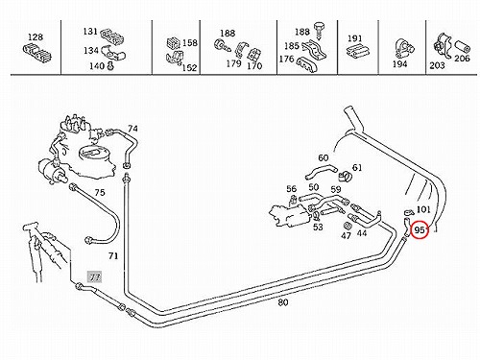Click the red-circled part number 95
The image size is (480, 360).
pyautogui.click(x=420, y=230)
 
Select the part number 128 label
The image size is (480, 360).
pyautogui.click(x=36, y=37)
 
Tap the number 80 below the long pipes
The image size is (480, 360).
pyautogui.click(x=283, y=302)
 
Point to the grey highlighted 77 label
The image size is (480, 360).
pyautogui.click(x=95, y=276)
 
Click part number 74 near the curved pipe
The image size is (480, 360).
pyautogui.click(x=132, y=129)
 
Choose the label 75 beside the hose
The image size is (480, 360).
pyautogui.click(x=100, y=193)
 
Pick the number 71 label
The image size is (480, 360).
pyautogui.click(x=113, y=256)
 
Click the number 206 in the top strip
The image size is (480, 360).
pyautogui.click(x=462, y=59)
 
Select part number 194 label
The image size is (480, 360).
pyautogui.click(x=399, y=64)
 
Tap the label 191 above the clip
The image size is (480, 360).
pyautogui.click(x=354, y=38)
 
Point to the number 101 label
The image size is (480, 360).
pyautogui.click(x=423, y=209)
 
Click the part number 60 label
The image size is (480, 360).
pyautogui.click(x=324, y=157)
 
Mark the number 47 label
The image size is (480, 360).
pyautogui.click(x=346, y=235)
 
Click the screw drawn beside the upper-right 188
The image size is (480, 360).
pyautogui.click(x=319, y=30)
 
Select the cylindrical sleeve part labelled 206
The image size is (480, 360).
pyautogui.click(x=463, y=47)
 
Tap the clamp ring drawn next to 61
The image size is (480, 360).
pyautogui.click(x=345, y=175)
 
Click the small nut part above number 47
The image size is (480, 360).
pyautogui.click(x=348, y=226)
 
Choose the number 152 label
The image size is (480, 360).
pyautogui.click(x=189, y=68)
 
